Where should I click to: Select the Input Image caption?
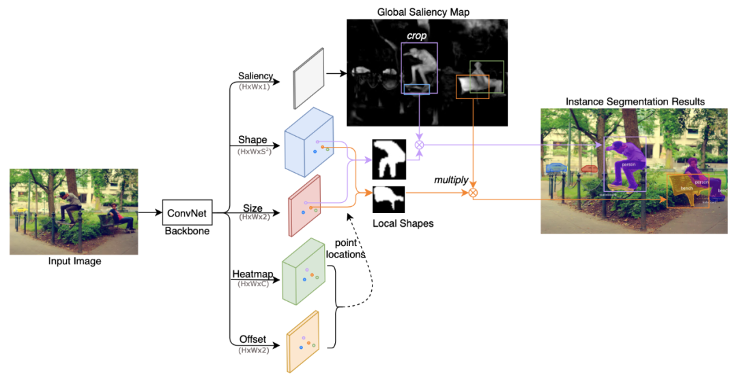pyautogui.click(x=74, y=261)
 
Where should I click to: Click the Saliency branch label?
pyautogui.click(x=255, y=76)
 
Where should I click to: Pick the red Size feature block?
pyautogui.click(x=305, y=206)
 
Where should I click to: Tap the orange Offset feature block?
pyautogui.click(x=303, y=342)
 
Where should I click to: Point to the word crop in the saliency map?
pyautogui.click(x=416, y=36)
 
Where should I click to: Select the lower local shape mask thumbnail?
pyautogui.click(x=388, y=199)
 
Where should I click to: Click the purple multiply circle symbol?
pyautogui.click(x=420, y=145)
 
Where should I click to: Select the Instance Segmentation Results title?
pyautogui.click(x=635, y=102)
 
